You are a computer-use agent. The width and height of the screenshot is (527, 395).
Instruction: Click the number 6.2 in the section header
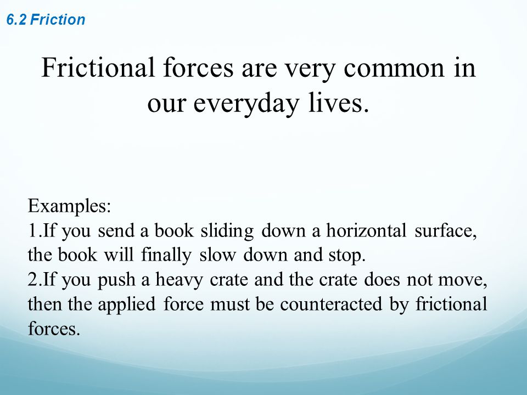(x=16, y=20)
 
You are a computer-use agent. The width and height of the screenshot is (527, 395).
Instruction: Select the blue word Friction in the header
(x=58, y=20)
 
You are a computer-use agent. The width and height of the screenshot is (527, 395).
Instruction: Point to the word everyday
(x=246, y=104)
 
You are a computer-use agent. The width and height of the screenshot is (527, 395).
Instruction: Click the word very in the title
(x=310, y=71)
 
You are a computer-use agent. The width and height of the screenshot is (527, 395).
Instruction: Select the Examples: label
(x=69, y=206)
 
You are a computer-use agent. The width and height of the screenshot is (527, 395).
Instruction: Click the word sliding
(x=227, y=232)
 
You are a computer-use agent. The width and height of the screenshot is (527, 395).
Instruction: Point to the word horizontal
(x=366, y=231)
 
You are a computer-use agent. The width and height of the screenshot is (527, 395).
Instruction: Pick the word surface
(x=445, y=232)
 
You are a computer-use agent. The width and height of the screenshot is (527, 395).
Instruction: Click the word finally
(x=166, y=256)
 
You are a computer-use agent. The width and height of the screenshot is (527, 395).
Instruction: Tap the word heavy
(x=179, y=280)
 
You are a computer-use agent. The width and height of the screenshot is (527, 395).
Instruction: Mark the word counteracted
(x=331, y=304)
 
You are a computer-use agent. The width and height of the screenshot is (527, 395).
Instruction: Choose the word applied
(x=127, y=305)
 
